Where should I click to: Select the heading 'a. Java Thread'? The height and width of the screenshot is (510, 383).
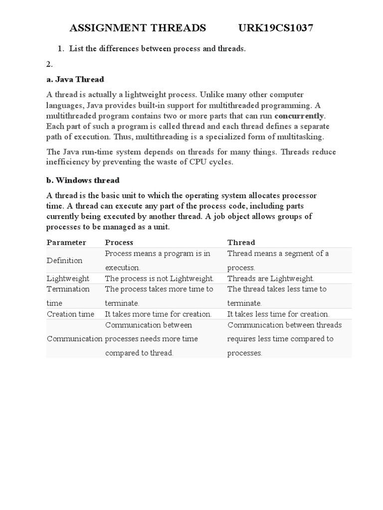75,79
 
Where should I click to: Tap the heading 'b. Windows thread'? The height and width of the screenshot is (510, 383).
83,180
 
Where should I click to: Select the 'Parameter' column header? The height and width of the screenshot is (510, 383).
66,243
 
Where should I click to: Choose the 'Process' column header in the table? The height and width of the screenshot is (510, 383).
119,243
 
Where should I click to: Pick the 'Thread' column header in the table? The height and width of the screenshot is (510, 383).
241,243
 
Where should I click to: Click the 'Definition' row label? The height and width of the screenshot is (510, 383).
65,260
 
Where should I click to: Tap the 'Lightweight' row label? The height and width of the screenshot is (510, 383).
68,278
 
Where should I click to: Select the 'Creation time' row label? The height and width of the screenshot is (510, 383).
70,314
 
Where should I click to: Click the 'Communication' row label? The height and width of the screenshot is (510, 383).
74,339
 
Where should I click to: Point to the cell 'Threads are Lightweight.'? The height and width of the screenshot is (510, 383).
271,278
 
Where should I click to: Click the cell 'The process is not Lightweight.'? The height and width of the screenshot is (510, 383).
159,278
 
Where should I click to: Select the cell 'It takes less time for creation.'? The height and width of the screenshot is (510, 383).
278,314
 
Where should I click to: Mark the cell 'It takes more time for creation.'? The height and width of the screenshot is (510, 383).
158,314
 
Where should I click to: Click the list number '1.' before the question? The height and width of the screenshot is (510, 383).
61,48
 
